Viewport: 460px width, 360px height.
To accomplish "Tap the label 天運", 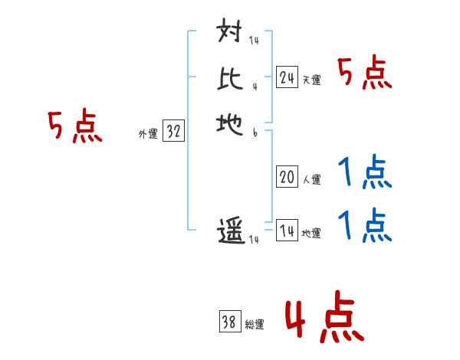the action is [x=311, y=80].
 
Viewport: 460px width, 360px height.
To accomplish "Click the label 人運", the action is [x=311, y=180].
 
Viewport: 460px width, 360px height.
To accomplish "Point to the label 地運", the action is [x=311, y=234].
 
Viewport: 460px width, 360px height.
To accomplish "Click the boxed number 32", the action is [x=174, y=131].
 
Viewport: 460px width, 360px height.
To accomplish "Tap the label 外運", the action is [x=148, y=134].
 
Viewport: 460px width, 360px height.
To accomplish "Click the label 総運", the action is [x=255, y=325].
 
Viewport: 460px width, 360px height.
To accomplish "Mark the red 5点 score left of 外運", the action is [x=75, y=126].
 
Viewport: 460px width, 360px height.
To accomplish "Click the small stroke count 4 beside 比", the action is [x=254, y=86].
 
